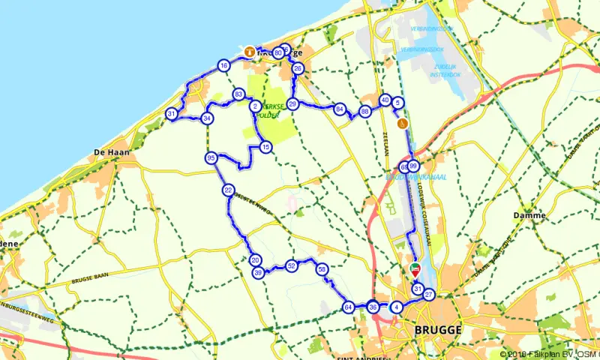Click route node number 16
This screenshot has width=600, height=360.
[x=223, y=66]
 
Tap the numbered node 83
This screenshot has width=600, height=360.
[x=238, y=94]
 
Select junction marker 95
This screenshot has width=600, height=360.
[x=211, y=157]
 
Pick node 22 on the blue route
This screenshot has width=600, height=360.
[x=228, y=190]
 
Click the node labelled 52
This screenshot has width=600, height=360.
[x=291, y=265]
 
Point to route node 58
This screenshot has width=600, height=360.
[x=322, y=268]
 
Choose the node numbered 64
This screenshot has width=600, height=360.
[x=348, y=307]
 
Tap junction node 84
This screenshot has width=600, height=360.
[x=340, y=109]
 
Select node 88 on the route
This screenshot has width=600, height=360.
[x=365, y=112]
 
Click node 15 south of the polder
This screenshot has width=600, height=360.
[x=265, y=148]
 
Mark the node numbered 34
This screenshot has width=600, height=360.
[x=207, y=118]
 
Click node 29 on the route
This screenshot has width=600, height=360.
[x=293, y=103]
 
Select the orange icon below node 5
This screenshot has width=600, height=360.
[x=403, y=123]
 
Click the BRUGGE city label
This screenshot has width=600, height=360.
[x=438, y=329]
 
